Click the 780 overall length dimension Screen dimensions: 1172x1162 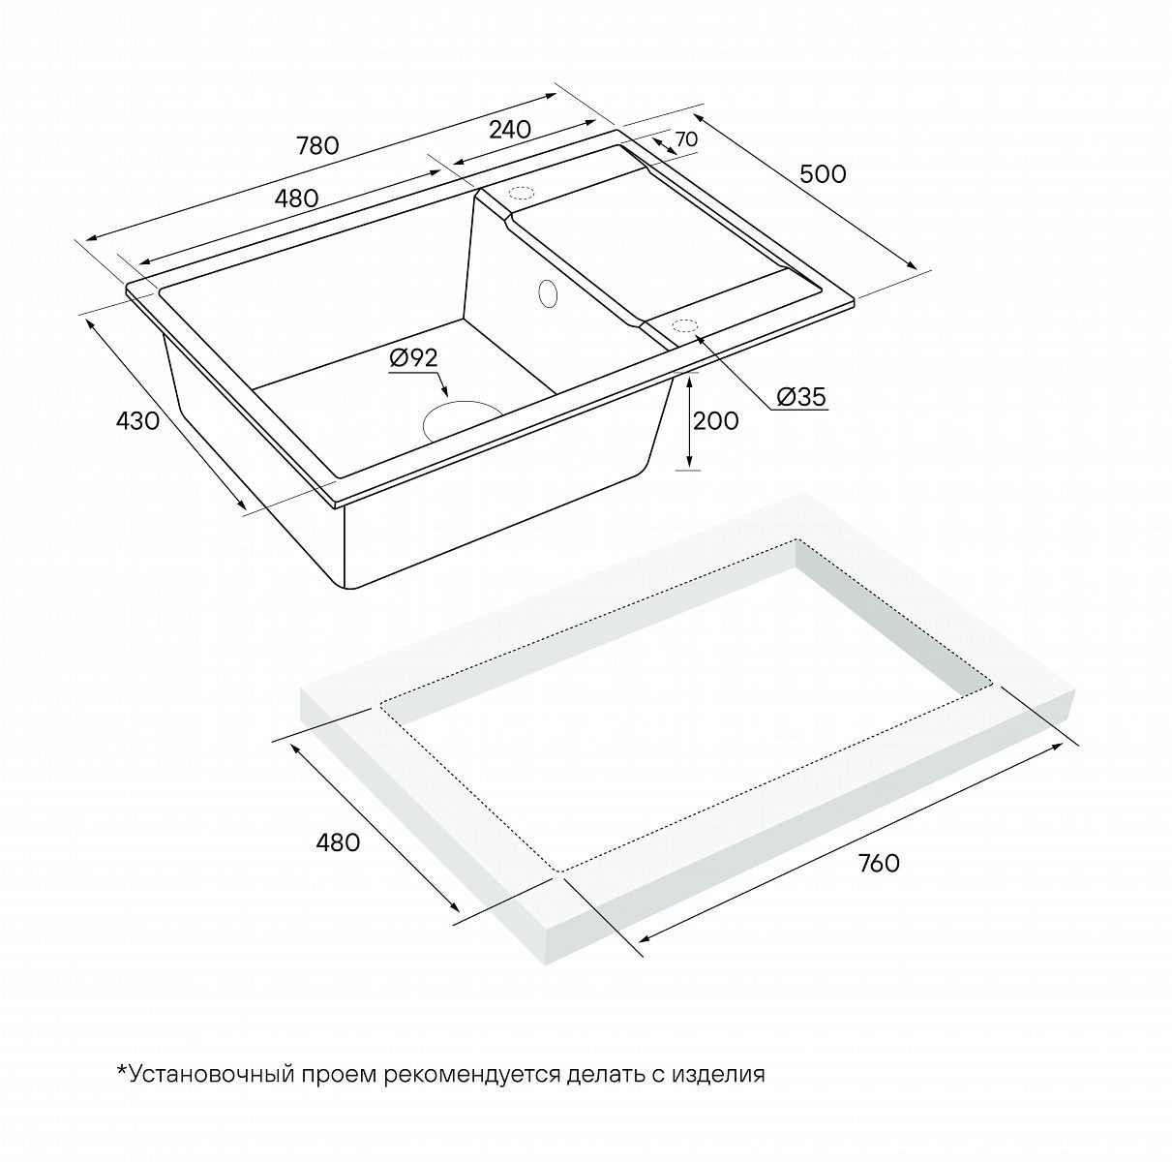[317, 146]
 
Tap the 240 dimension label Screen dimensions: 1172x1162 [510, 129]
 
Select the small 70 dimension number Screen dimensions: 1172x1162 [686, 139]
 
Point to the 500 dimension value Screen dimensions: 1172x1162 [823, 174]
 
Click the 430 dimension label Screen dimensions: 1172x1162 [138, 420]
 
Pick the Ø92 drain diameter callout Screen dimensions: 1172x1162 [413, 358]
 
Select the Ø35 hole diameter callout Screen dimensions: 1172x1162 [801, 397]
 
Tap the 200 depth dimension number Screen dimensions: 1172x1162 [716, 420]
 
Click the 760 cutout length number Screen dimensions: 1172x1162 [878, 863]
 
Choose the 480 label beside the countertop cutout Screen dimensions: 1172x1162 [338, 841]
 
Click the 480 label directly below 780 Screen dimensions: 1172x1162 [296, 199]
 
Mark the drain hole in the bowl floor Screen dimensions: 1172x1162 [461, 420]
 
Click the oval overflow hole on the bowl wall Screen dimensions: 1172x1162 [548, 293]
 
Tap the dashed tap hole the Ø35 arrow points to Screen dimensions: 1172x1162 [684, 326]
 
